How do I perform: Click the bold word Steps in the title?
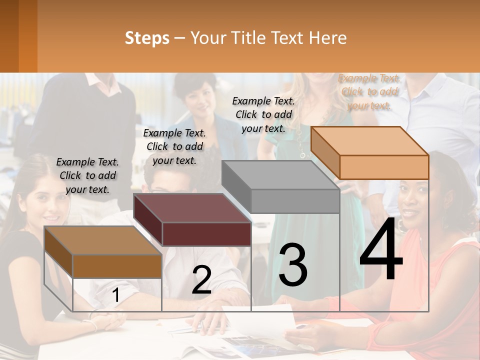pyautogui.click(x=147, y=38)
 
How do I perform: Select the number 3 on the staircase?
pyautogui.click(x=293, y=265)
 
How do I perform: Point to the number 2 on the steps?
pyautogui.click(x=201, y=280)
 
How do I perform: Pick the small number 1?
pyautogui.click(x=116, y=295)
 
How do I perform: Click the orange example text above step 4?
pyautogui.click(x=369, y=91)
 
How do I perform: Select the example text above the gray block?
pyautogui.click(x=263, y=114)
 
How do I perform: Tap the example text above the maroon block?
pyautogui.click(x=174, y=146)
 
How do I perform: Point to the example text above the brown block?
pyautogui.click(x=87, y=175)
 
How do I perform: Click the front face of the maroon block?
pyautogui.click(x=206, y=234)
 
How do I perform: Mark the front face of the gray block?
pyautogui.click(x=295, y=201)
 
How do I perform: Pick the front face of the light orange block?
pyautogui.click(x=384, y=167)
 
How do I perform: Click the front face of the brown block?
pyautogui.click(x=117, y=266)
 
